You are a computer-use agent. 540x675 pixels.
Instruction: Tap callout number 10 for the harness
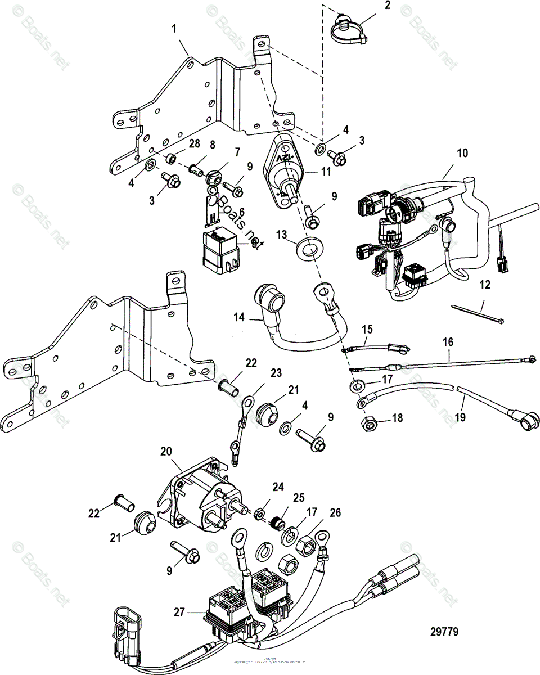(x=462, y=152)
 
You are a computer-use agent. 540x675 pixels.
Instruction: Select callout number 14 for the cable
(x=240, y=318)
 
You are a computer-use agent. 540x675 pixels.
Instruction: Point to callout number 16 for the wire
(x=448, y=343)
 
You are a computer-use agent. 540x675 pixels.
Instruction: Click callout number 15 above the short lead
(x=367, y=328)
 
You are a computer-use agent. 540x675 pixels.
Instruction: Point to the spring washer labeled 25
(x=276, y=523)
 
